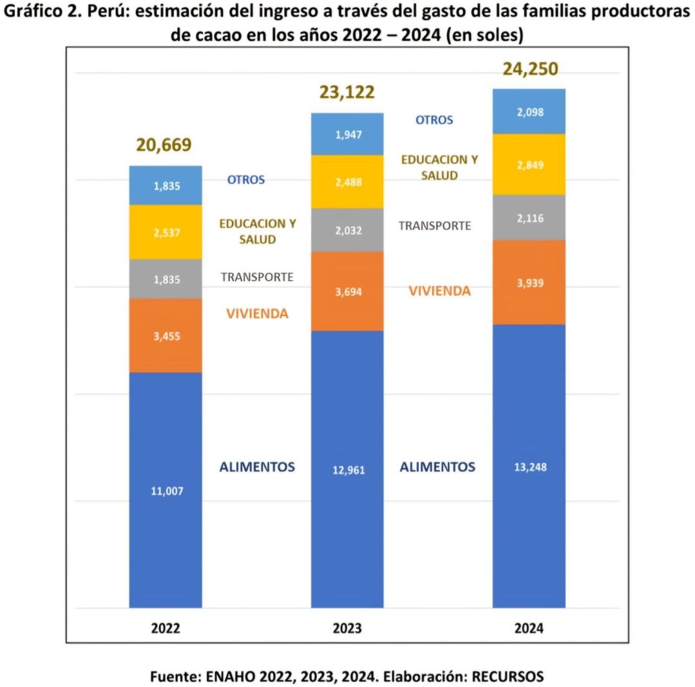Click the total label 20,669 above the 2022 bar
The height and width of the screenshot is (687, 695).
point(164,146)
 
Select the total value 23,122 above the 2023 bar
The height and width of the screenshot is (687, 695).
point(347,93)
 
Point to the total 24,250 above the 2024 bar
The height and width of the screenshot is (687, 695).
point(530,69)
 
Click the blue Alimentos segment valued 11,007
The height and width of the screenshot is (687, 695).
point(166,490)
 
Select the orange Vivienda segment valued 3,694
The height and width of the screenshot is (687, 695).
point(347,291)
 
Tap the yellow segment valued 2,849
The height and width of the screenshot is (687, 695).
point(529,165)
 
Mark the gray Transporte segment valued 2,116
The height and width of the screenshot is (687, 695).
point(529,218)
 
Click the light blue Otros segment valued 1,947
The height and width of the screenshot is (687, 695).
point(347,135)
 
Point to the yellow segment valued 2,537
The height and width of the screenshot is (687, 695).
point(166,232)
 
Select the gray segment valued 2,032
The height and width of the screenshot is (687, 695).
point(347,230)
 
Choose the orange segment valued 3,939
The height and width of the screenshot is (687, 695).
point(529,283)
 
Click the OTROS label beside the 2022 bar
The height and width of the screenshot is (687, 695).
point(246,180)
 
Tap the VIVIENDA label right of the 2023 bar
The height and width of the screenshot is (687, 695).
point(440,291)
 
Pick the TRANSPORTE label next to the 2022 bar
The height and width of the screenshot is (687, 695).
point(257,278)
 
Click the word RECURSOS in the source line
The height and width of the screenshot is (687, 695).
point(508,677)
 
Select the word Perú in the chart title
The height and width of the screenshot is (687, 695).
point(103,13)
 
